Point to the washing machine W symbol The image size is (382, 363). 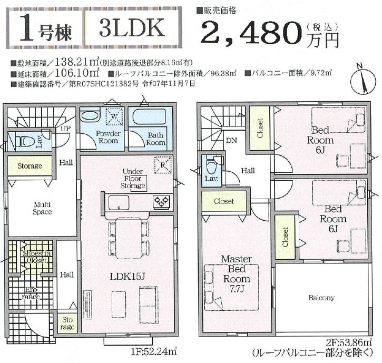112,115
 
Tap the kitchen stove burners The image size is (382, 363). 161,201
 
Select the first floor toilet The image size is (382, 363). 24,141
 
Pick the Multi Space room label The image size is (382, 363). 43,208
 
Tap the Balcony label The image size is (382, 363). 321,298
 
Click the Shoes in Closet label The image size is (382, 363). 35,256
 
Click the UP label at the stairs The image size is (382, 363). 66,129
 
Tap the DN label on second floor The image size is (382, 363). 231,141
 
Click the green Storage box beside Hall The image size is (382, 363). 30,166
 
